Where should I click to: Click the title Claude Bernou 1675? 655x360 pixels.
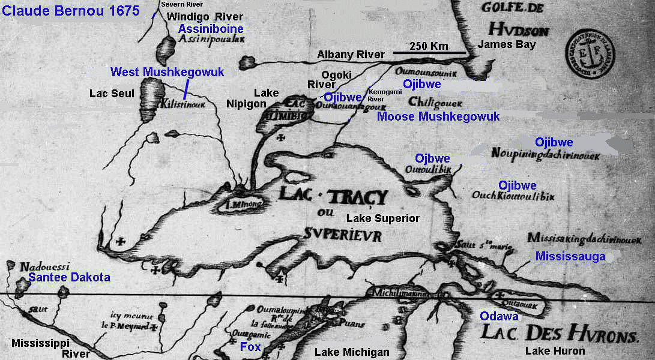coord(70,10)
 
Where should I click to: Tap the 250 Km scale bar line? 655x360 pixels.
coord(429,53)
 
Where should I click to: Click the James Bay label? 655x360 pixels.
coord(506,44)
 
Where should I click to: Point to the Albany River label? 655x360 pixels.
coord(351,55)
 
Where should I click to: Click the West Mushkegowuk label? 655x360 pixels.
coord(167,72)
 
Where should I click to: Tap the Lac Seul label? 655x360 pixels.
coord(112,94)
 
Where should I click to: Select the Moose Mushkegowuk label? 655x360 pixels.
coord(438,116)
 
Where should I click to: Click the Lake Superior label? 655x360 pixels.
coord(383,218)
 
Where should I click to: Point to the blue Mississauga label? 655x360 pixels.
coord(570,257)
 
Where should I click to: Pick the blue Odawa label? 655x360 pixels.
coord(499,316)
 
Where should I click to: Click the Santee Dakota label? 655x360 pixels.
coord(69,277)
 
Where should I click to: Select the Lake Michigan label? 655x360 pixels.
coord(352,352)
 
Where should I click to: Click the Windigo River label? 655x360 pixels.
coord(197,16)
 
